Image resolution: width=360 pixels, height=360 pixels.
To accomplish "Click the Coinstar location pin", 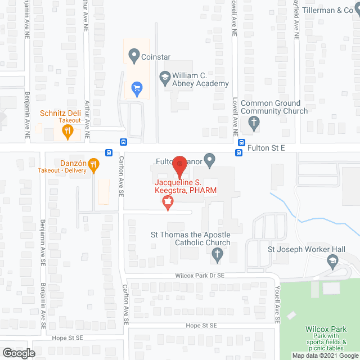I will tap(134, 56).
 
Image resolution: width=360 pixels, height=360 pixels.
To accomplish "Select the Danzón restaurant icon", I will tap(93, 165).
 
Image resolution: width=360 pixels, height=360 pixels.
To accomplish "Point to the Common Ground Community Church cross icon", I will tap(254, 123).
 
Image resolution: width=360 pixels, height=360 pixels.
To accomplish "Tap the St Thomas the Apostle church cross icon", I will tap(217, 256).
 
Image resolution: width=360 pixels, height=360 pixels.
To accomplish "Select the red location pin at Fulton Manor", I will tap(179, 164).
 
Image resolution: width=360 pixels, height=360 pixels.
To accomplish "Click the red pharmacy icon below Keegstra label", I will tap(167, 203).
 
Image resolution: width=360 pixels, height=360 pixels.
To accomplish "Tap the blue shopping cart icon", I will tap(136, 88).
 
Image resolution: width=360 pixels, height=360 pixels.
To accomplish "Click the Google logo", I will tap(18, 353).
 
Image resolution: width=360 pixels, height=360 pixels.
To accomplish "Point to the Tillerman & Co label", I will tap(326, 10).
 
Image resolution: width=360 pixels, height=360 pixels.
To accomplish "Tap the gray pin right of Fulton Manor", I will tap(209, 161).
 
